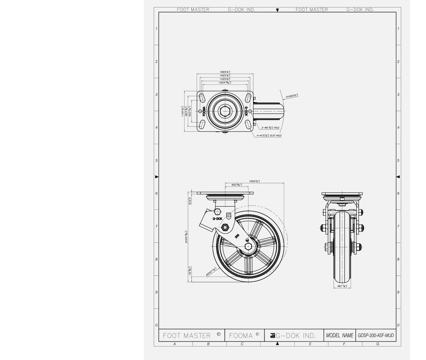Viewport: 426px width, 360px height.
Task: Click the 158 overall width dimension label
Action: (225, 72)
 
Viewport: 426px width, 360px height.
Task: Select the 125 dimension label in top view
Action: (225, 82)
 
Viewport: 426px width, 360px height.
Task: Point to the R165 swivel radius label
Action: (292, 96)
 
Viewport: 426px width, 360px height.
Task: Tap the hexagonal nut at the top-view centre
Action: (225, 111)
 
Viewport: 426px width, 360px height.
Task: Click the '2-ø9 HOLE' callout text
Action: (271, 127)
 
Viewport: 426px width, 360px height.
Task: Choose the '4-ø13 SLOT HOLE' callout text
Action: (269, 136)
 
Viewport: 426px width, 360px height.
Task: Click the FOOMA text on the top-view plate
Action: (204, 111)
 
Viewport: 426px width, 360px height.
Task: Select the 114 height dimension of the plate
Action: (183, 111)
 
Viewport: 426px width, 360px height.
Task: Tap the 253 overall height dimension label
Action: (186, 237)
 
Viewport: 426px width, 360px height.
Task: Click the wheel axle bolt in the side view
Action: (248, 246)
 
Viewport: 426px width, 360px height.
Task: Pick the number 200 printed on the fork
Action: (237, 236)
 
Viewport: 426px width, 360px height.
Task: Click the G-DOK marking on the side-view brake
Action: (217, 219)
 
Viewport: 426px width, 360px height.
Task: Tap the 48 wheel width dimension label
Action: (342, 286)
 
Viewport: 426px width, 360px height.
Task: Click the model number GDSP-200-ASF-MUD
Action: (376, 336)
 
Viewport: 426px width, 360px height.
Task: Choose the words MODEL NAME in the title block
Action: (340, 336)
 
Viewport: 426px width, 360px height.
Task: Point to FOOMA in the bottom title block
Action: (244, 336)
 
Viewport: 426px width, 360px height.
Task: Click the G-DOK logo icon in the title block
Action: (273, 335)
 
